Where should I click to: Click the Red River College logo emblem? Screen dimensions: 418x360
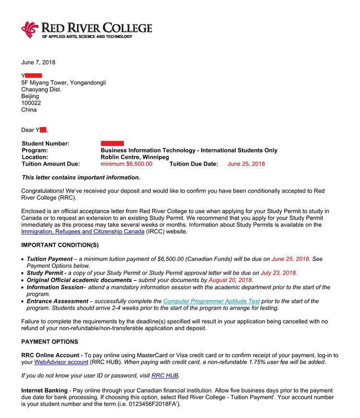point(30,29)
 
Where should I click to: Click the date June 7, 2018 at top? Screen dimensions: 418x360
point(38,62)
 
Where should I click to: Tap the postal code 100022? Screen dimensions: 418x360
point(31,103)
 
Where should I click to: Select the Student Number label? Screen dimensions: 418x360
point(46,143)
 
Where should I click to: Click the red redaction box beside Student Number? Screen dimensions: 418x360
point(112,143)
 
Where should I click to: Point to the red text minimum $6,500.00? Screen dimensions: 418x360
point(126,164)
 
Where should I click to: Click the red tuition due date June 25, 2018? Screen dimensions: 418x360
point(246,164)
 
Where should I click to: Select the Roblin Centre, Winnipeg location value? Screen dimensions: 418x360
point(134,157)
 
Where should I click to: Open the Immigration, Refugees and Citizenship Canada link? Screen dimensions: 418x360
point(83,231)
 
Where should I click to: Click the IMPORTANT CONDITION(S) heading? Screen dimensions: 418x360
point(60,245)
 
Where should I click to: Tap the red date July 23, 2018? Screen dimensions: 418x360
point(278,273)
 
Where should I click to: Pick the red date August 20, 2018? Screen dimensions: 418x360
point(230,280)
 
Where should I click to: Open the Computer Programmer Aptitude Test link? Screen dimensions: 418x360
point(211,301)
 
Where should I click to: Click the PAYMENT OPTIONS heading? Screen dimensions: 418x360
point(49,342)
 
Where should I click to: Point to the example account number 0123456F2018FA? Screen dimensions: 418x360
point(152,404)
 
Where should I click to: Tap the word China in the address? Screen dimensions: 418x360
point(29,109)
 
